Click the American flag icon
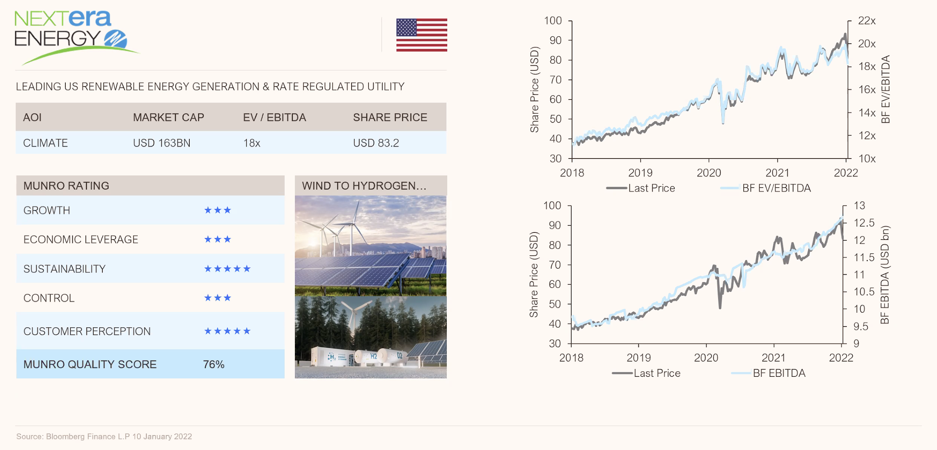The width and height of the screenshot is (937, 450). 421,35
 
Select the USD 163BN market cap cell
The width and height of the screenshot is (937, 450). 161,143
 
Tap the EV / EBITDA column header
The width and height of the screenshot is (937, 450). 274,117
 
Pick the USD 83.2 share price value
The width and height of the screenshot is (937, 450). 376,143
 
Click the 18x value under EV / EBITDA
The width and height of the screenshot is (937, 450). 252,143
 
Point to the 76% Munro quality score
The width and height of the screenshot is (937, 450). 213,364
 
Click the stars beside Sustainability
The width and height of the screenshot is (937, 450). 227,269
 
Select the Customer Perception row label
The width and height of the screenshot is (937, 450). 87,331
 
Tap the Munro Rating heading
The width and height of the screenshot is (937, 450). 66,186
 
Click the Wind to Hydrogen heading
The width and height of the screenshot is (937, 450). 364,186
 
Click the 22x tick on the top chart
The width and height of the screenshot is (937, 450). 867,20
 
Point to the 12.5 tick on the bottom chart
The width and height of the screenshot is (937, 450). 864,223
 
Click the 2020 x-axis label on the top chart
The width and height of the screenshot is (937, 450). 709,173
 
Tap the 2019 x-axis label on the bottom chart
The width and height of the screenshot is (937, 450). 639,358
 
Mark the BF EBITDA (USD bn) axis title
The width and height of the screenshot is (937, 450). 885,275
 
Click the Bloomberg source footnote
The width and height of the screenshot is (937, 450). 104,436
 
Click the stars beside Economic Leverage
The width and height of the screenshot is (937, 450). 217,239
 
